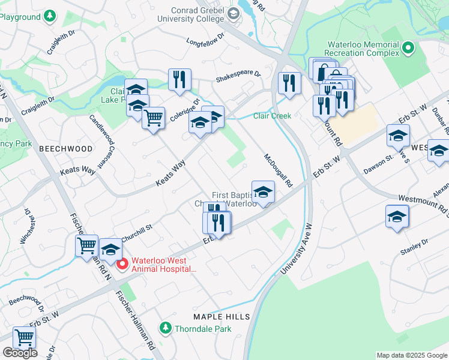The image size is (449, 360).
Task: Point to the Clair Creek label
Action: click(x=272, y=116)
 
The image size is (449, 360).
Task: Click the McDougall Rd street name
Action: click(x=278, y=170)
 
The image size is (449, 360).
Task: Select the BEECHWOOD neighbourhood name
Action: click(x=66, y=148)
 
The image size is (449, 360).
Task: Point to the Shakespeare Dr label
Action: click(x=238, y=77)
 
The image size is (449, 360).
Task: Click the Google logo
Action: click(x=20, y=353)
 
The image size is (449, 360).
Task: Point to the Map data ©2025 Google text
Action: click(x=412, y=355)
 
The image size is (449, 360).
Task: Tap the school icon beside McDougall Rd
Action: click(x=263, y=193)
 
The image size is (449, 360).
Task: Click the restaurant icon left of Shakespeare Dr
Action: click(x=179, y=80)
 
